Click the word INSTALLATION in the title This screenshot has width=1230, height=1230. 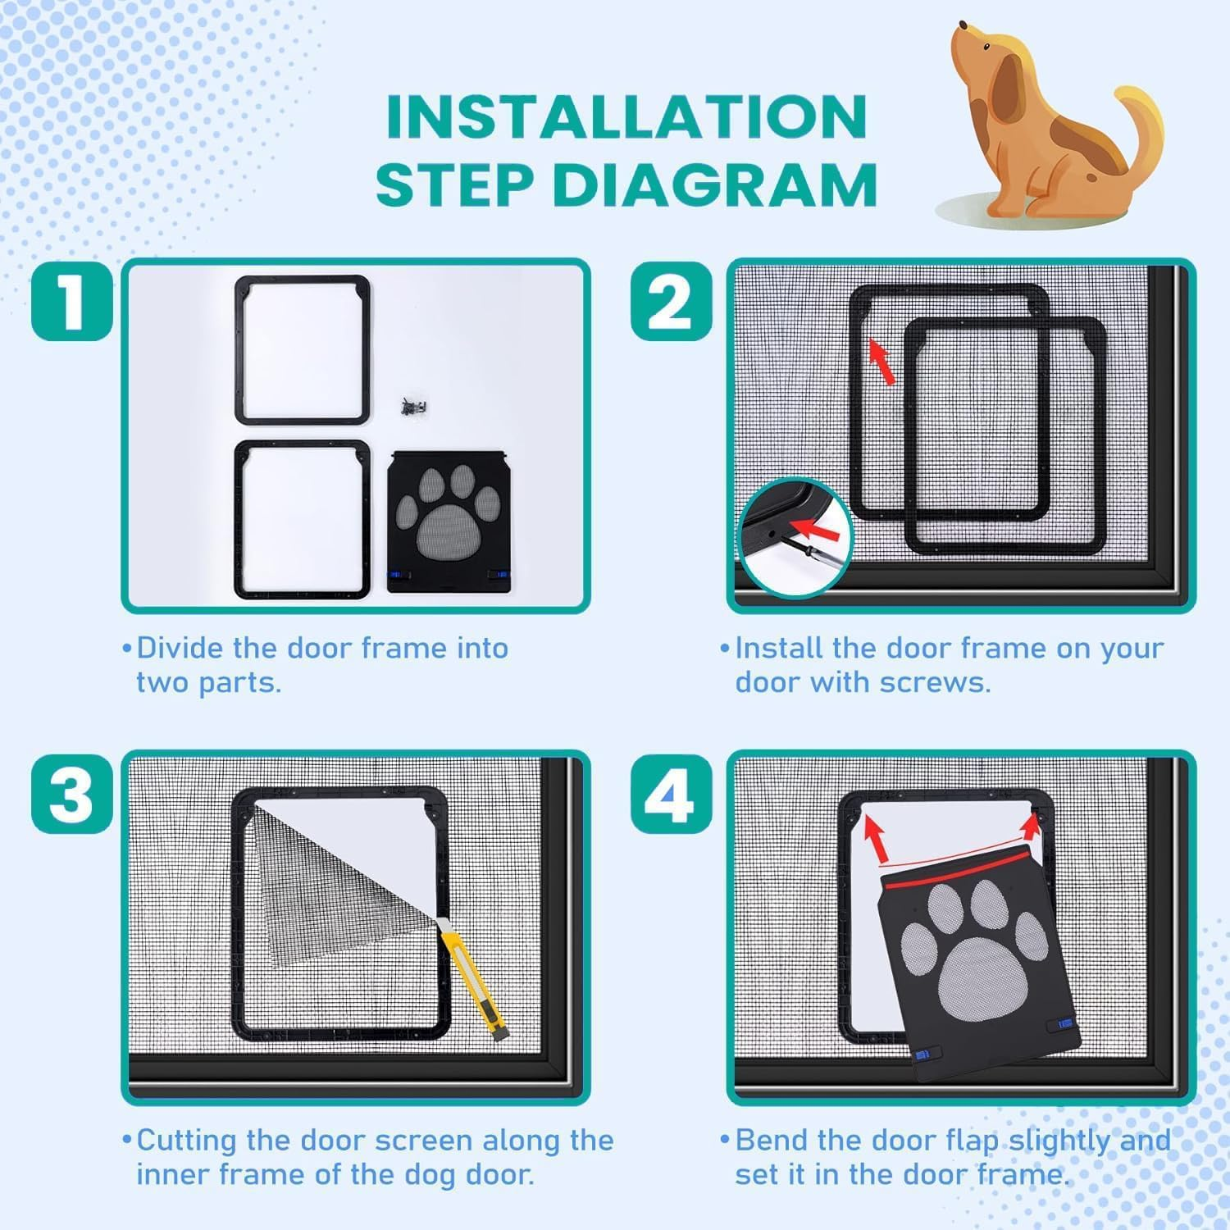click(626, 116)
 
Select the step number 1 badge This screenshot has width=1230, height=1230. click(72, 301)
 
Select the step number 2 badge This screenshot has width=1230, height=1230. click(671, 301)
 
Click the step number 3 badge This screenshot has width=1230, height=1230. click(72, 793)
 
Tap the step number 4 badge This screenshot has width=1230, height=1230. click(671, 793)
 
